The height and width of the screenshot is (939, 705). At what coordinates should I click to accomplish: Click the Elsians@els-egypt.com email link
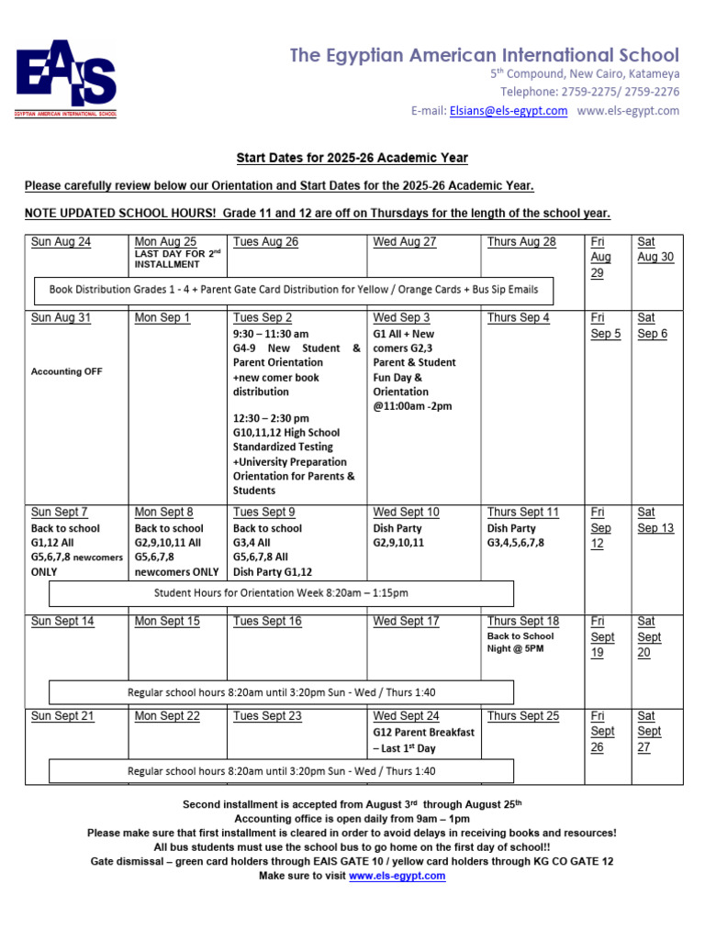[509, 111]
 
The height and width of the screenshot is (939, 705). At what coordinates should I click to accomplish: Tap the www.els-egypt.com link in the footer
[397, 876]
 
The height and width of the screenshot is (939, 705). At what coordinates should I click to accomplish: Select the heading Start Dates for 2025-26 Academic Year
[352, 158]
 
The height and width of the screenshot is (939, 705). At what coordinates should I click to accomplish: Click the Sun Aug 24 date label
[62, 242]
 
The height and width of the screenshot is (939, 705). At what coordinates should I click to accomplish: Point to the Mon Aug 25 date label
[165, 242]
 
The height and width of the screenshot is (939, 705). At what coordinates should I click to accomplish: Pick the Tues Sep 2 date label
[263, 318]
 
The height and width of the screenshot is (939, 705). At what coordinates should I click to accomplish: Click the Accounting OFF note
[67, 371]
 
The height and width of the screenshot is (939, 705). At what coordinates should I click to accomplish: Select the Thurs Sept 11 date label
[522, 513]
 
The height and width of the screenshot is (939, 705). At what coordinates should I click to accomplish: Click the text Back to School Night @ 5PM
[520, 642]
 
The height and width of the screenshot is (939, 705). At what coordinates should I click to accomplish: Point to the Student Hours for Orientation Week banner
[281, 593]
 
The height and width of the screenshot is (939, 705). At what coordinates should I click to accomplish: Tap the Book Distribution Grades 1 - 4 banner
[294, 290]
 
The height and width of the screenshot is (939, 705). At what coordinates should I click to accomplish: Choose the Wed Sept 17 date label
[406, 622]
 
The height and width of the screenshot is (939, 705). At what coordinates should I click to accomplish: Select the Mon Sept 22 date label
[167, 716]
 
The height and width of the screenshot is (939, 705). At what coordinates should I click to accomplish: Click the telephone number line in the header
[589, 92]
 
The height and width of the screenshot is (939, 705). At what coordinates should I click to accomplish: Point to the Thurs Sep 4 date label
[519, 318]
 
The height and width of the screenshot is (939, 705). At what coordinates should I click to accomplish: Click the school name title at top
[485, 56]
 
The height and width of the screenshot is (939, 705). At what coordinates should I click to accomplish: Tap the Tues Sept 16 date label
[267, 622]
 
